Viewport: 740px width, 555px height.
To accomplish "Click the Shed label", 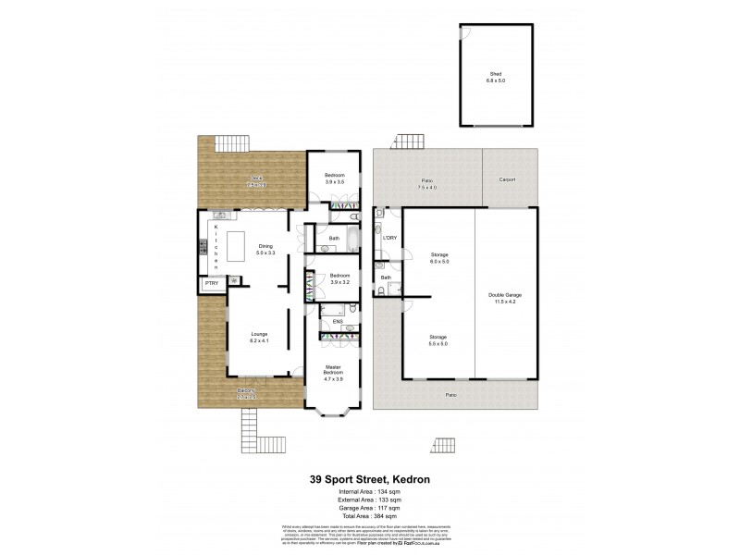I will (x=498, y=78).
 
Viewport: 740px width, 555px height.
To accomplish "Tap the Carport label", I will (x=507, y=179).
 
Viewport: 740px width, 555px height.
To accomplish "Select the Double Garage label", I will (x=506, y=299).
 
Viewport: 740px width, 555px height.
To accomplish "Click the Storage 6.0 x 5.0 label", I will (x=438, y=258).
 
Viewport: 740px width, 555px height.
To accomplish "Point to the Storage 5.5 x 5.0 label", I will (x=438, y=340).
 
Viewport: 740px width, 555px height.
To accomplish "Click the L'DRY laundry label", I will (x=389, y=239).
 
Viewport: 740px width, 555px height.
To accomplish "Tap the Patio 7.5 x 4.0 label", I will (x=426, y=183).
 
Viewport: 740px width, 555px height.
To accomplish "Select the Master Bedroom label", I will (x=332, y=374).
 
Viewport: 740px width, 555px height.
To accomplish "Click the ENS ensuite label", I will (x=325, y=322).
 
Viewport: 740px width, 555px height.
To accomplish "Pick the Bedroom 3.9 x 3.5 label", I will (x=335, y=179).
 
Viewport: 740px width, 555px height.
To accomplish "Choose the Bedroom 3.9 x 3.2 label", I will (x=340, y=278).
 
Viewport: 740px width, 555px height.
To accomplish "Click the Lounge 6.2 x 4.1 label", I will (x=258, y=339).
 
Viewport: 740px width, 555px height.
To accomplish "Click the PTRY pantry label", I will (x=211, y=282).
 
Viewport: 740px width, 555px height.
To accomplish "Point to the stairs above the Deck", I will (x=233, y=144).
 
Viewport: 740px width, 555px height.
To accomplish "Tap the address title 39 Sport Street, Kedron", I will (x=370, y=480).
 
